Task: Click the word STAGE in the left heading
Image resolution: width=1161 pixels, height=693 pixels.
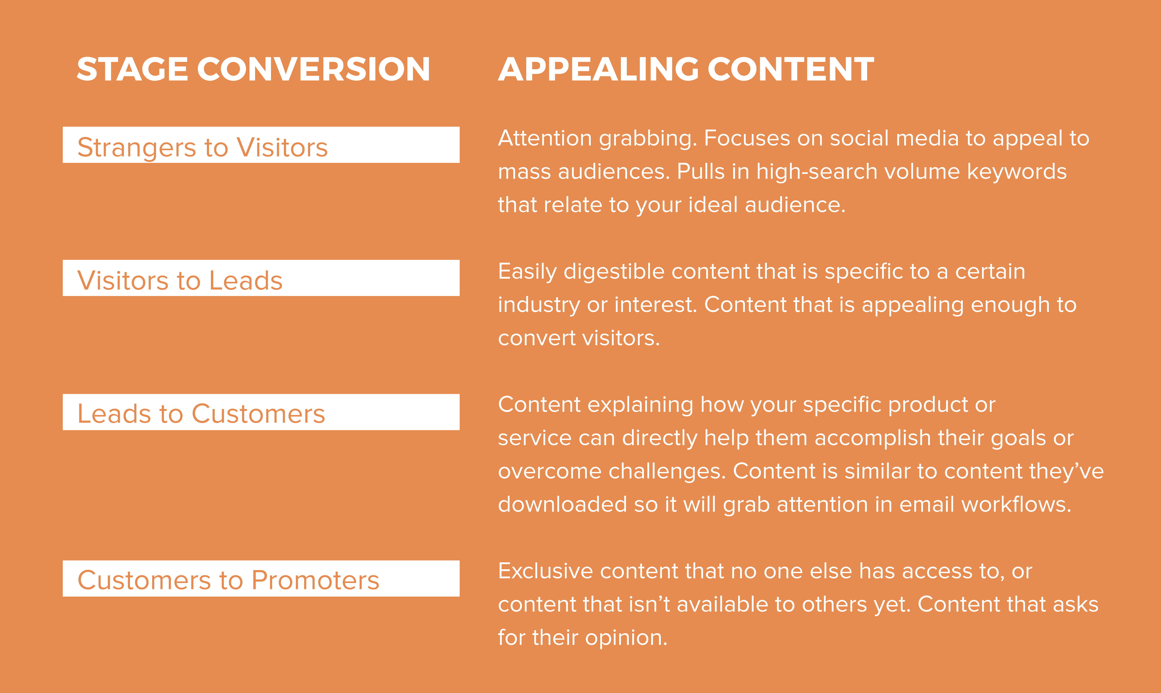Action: coord(132,69)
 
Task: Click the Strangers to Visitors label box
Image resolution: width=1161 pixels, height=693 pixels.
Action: coord(261,145)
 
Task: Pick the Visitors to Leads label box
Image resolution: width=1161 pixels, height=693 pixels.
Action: coord(261,278)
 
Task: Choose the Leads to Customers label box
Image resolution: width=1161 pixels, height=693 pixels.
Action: coord(261,412)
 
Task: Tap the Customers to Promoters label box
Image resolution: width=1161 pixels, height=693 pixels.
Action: coord(261,578)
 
